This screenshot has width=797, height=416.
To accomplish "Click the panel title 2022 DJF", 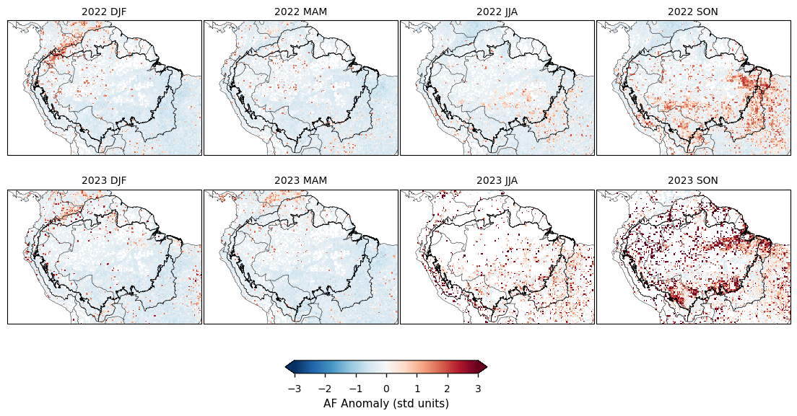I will [x=104, y=12].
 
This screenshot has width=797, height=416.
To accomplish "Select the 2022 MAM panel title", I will [x=300, y=12].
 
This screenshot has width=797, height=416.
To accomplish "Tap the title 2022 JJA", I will [x=497, y=12].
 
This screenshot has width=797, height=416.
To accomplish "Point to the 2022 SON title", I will [x=693, y=12].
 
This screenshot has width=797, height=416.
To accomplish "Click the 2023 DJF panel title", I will [x=104, y=180].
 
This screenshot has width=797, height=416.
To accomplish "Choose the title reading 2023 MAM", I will [x=300, y=180].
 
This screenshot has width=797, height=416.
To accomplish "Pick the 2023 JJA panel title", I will [x=497, y=180].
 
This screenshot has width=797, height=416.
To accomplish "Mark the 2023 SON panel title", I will [x=693, y=180].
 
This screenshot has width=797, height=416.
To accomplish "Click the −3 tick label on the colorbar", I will [x=294, y=389].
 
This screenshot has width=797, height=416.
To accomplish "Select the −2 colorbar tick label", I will [x=324, y=389].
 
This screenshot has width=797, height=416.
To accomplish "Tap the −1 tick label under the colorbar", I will [x=355, y=389].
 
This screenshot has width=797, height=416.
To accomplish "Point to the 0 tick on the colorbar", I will [x=386, y=389].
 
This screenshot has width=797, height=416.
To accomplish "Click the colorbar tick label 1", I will [x=417, y=389].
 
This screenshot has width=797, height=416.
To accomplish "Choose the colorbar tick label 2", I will [x=448, y=389].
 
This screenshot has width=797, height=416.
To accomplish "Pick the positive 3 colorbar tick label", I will [x=478, y=389].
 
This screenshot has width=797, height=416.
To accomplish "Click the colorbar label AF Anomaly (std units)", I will [x=386, y=404].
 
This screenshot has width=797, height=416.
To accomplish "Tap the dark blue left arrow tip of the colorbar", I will [x=289, y=368].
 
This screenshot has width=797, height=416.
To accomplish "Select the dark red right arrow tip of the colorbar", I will [x=483, y=368].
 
